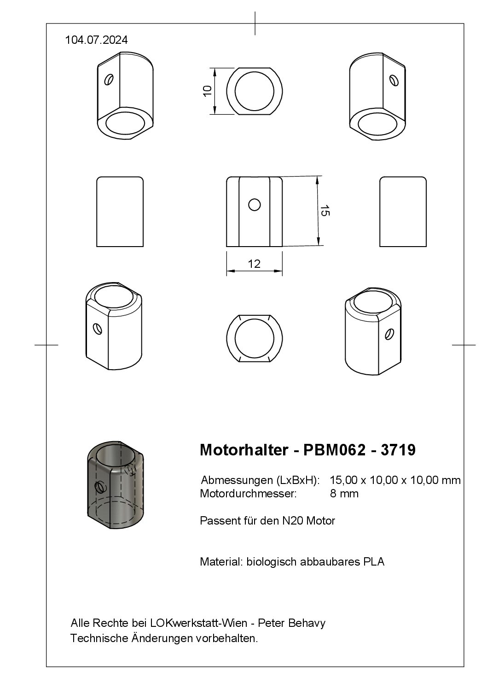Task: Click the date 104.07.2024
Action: pyautogui.click(x=96, y=40)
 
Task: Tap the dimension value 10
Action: pyautogui.click(x=207, y=90)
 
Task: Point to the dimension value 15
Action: pyautogui.click(x=325, y=211)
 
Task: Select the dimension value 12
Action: pyautogui.click(x=254, y=264)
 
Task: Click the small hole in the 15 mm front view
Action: pyautogui.click(x=255, y=204)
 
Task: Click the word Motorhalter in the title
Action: pyautogui.click(x=243, y=450)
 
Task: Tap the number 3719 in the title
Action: pyautogui.click(x=398, y=450)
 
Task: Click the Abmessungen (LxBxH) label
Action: pyautogui.click(x=260, y=480)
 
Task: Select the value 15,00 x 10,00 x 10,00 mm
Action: pyautogui.click(x=395, y=480)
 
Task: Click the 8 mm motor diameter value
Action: pyautogui.click(x=344, y=494)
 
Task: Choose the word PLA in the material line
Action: pyautogui.click(x=374, y=562)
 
